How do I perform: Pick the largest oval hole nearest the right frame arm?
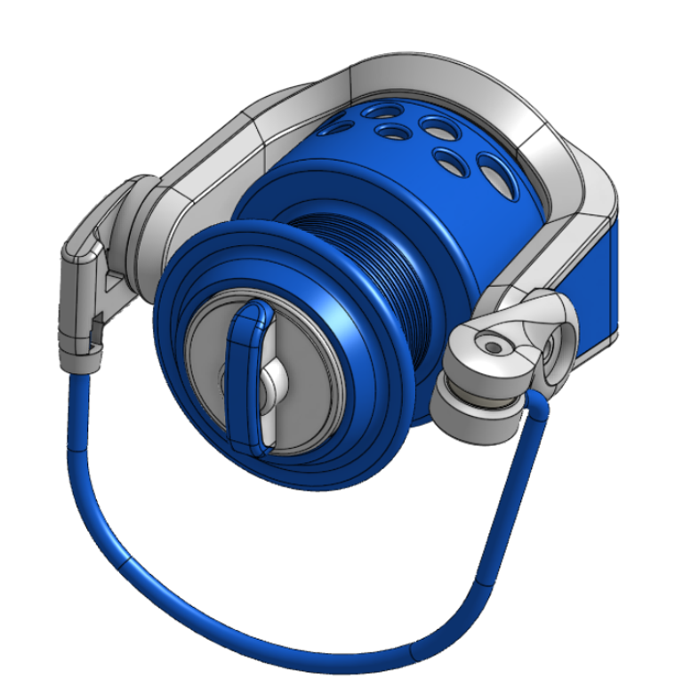(x=496, y=175)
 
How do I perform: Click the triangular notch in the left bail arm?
(x=112, y=284)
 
